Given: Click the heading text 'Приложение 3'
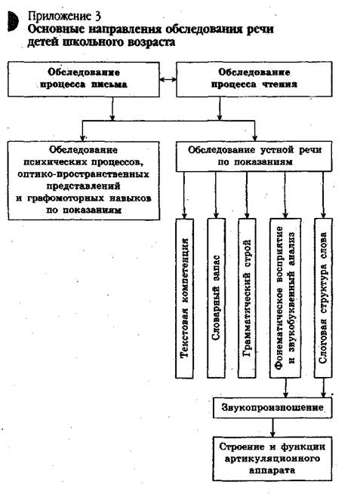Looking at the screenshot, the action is [x=64, y=16].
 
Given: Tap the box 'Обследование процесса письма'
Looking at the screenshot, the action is [x=84, y=79].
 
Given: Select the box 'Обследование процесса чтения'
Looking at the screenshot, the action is [x=254, y=79].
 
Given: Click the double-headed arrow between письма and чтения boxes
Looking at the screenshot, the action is [x=168, y=79].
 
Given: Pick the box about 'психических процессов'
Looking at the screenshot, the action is [x=84, y=180].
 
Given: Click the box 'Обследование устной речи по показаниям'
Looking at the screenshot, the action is [x=254, y=156].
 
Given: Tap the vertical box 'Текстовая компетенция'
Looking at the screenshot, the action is [x=184, y=298].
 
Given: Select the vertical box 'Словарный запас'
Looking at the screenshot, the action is [x=216, y=298].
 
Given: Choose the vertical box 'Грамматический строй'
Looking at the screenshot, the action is [x=247, y=298].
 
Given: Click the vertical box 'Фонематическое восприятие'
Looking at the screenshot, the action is [x=285, y=298].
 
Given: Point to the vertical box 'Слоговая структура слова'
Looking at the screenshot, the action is [x=323, y=298].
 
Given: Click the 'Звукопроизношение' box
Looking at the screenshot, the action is [x=272, y=407].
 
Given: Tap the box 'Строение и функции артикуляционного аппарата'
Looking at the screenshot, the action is [x=272, y=459].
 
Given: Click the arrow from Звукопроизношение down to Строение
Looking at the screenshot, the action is [x=272, y=428].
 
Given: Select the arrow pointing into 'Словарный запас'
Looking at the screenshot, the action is [x=216, y=195].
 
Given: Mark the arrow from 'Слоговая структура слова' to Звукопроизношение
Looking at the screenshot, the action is [x=323, y=388].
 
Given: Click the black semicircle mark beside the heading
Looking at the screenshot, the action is [x=13, y=21].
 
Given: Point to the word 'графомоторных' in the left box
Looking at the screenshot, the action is [x=66, y=198].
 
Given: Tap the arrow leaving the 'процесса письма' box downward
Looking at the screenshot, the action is [x=112, y=109].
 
